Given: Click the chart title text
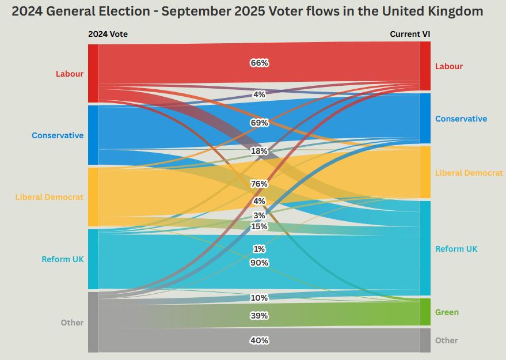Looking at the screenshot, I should [x=248, y=12].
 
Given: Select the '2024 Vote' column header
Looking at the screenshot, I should [x=108, y=34].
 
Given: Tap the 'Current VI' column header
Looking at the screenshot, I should [x=410, y=34].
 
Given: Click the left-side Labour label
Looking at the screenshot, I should [x=70, y=74].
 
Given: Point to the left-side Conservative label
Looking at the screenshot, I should [x=58, y=136].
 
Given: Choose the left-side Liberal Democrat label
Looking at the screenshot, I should [x=49, y=197].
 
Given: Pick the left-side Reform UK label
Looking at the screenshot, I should [x=63, y=259].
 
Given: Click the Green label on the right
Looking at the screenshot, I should [x=447, y=312].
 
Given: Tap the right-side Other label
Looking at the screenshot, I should [x=446, y=340].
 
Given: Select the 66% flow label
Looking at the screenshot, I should [x=259, y=63].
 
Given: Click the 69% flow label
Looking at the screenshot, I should [x=259, y=123].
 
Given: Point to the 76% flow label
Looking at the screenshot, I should [x=259, y=184].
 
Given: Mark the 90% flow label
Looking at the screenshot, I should [x=259, y=263].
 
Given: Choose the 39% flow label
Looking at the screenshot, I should [x=259, y=316].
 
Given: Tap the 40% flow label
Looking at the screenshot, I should [x=259, y=340].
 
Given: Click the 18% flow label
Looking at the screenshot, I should [x=259, y=151].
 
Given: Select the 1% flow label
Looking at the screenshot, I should [x=259, y=249].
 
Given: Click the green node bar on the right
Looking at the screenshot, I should [x=425, y=312].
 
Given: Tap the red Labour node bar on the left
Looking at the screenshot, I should [x=93, y=73].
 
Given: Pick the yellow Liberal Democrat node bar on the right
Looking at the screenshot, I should [x=425, y=172].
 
